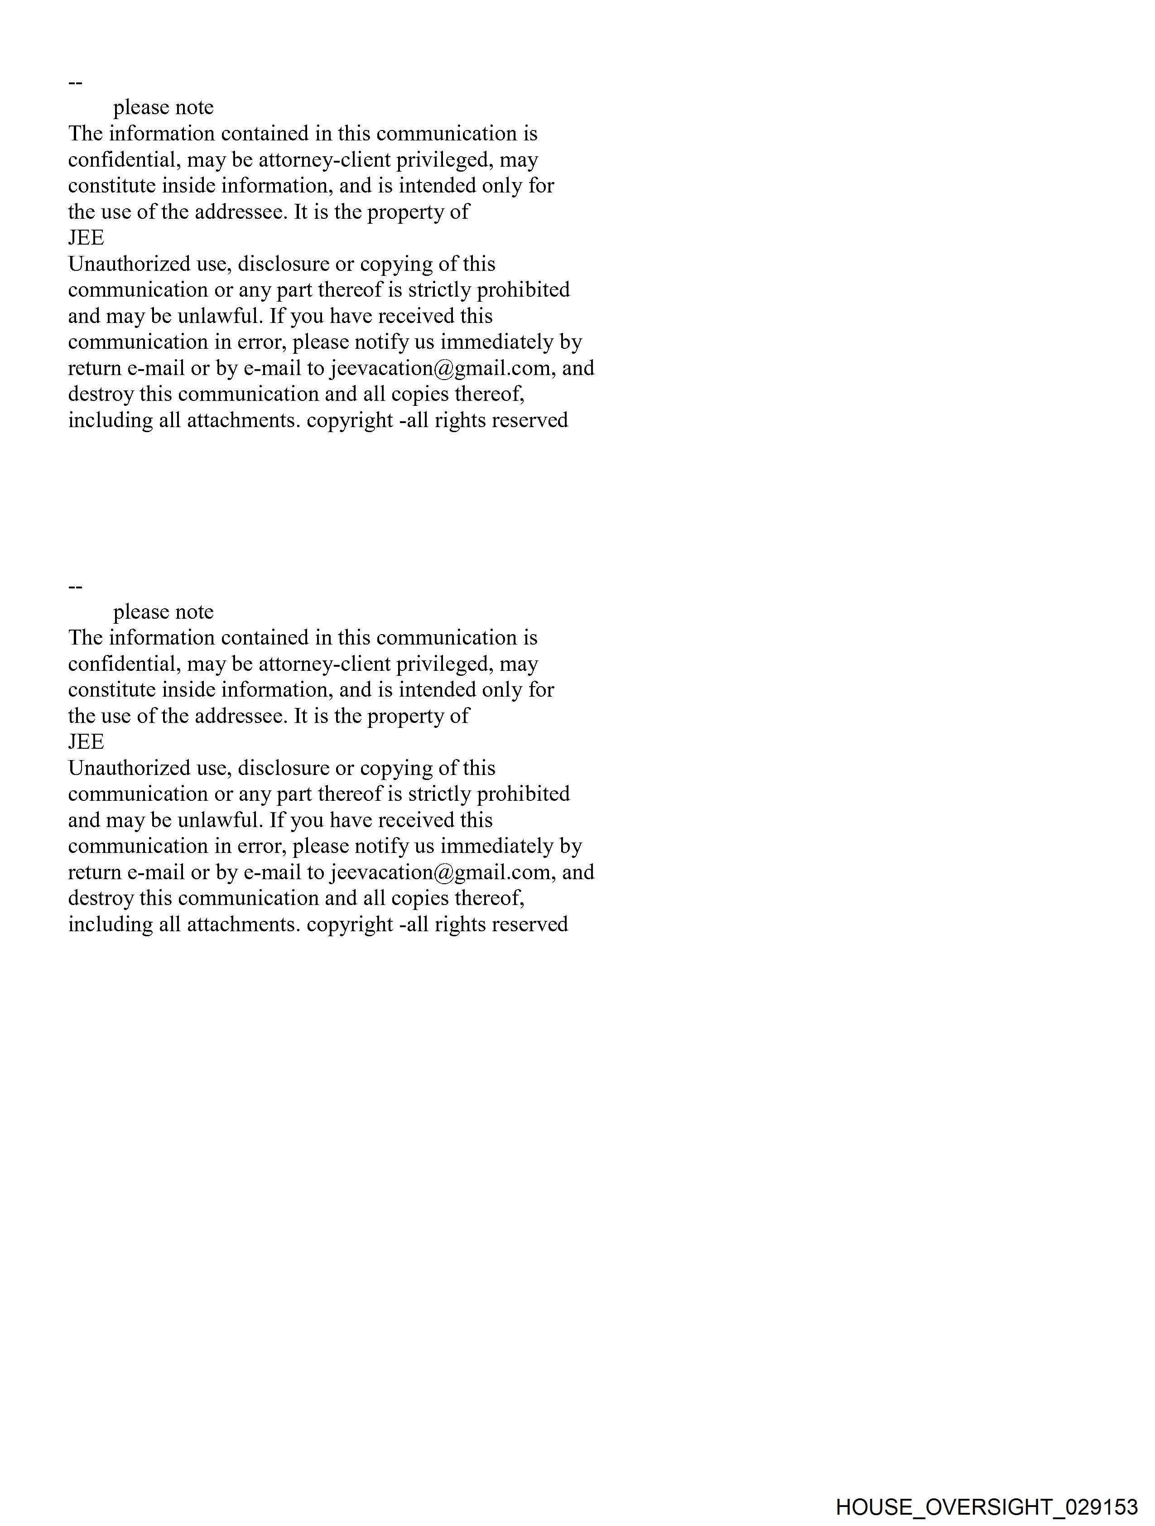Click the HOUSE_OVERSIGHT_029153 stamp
pos(986,1506)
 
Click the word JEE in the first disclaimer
pos(86,238)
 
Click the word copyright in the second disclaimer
pos(350,924)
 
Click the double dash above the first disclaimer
pos(75,83)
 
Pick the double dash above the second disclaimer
pos(75,587)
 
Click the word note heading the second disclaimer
pos(194,612)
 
